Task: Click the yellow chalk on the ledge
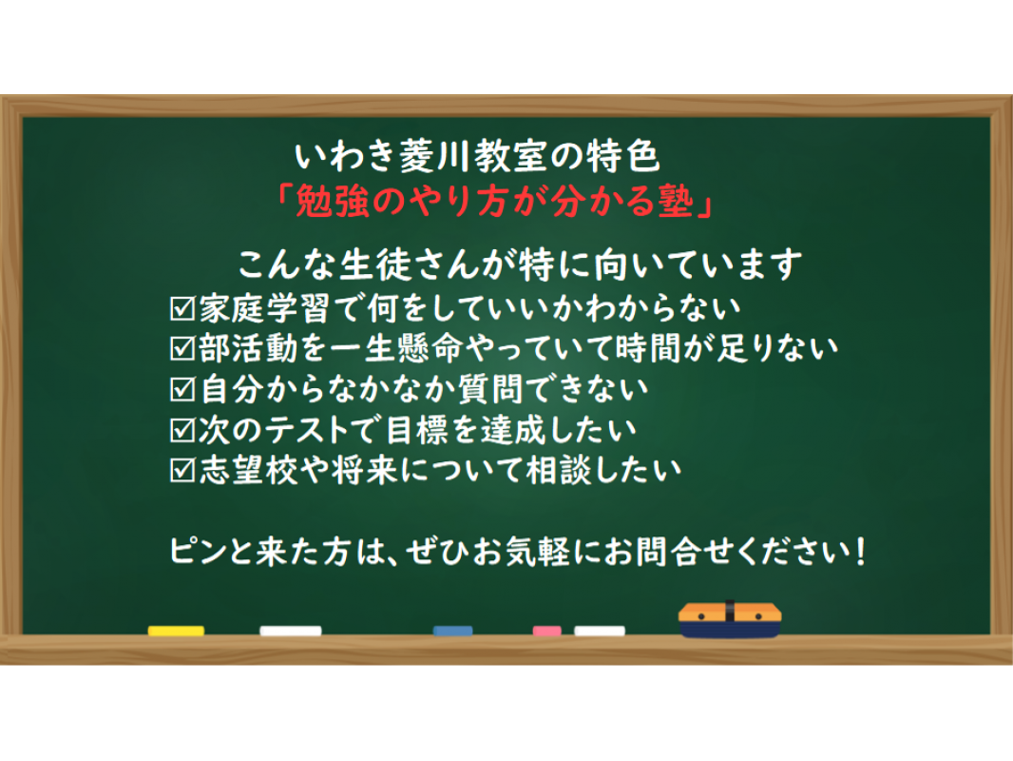[176, 631]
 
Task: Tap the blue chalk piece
[452, 631]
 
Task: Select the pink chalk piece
[546, 631]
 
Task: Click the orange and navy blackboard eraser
[730, 619]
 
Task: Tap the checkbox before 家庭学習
[182, 308]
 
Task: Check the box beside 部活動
[182, 348]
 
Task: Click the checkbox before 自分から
[182, 389]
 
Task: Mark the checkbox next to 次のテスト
[182, 430]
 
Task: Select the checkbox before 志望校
[182, 470]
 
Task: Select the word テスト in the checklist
[307, 430]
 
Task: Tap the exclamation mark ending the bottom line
[859, 552]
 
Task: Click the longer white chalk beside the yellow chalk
[290, 631]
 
